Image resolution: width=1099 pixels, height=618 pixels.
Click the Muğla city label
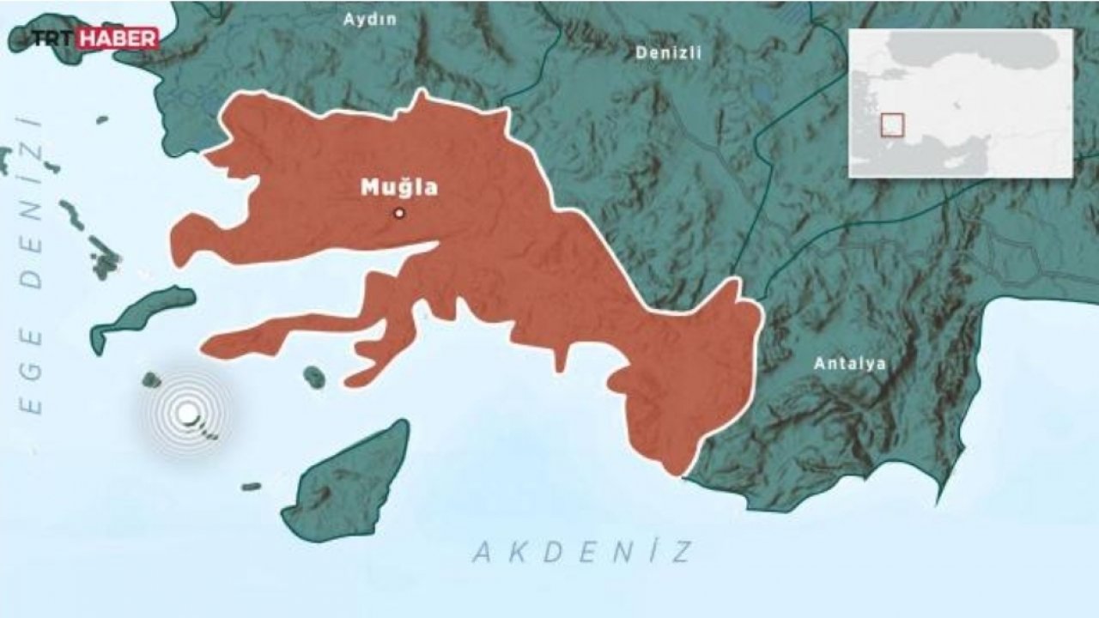(399, 187)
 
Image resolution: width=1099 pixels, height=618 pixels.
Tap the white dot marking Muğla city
(398, 213)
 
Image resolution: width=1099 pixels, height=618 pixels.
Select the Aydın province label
(370, 20)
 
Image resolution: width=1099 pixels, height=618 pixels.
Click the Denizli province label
(668, 52)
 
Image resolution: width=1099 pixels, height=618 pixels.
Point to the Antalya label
(850, 364)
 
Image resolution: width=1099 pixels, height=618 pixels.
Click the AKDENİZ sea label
(582, 552)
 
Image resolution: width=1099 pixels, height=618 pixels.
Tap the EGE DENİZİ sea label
(33, 266)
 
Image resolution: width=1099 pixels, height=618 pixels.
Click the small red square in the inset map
(893, 125)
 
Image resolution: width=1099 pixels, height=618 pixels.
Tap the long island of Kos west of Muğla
(142, 316)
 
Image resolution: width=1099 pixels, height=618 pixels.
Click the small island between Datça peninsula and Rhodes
(314, 376)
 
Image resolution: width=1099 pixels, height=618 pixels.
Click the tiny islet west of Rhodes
(251, 487)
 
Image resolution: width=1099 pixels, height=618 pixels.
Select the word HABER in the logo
(118, 39)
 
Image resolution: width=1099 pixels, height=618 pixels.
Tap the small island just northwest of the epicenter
(152, 379)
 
